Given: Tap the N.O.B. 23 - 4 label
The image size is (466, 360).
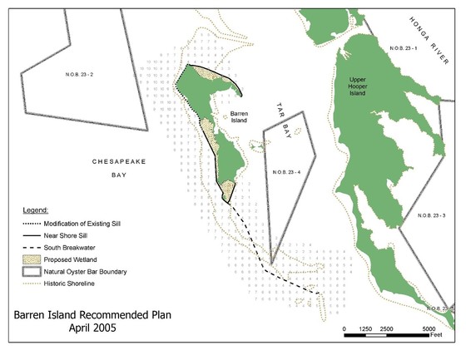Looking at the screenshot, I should click(x=287, y=172).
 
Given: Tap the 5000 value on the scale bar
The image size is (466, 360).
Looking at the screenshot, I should click(x=428, y=330).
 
